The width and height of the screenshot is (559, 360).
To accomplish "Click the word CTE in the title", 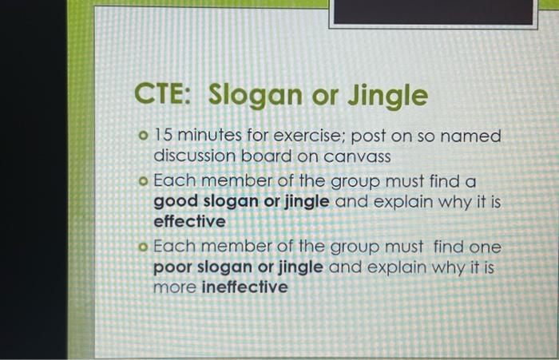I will point(162,96).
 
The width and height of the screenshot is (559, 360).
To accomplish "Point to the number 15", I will point(164,136).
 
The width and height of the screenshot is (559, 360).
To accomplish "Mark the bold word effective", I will point(188,221).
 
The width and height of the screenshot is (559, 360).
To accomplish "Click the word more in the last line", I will point(174,286).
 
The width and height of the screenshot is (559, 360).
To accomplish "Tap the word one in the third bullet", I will point(484,247).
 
